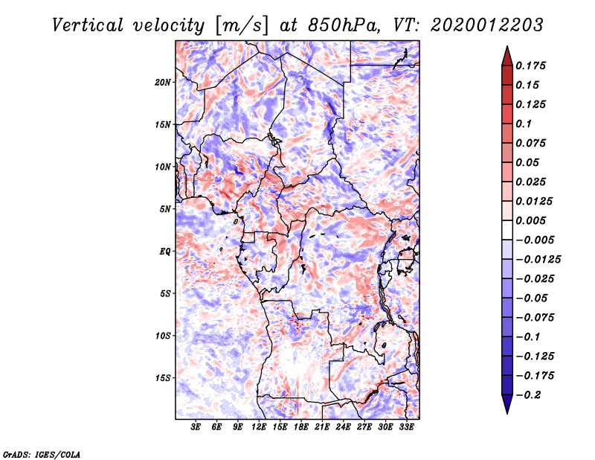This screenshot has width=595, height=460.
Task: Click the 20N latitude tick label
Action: [163, 83]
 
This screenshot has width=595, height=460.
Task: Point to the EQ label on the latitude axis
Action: [165, 252]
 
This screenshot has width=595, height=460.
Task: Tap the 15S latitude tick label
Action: [163, 378]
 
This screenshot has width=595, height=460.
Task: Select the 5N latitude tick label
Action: [165, 209]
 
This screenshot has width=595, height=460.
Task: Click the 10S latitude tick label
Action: [163, 336]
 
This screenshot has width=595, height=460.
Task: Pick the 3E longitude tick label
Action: [196, 427]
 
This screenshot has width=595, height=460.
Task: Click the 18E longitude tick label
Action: [301, 427]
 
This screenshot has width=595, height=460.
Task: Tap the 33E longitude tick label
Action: [406, 427]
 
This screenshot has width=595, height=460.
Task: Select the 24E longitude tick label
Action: [343, 427]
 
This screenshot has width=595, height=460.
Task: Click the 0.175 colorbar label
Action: [530, 66]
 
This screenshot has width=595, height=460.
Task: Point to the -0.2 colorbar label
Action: [528, 395]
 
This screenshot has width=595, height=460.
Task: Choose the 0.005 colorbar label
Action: [530, 220]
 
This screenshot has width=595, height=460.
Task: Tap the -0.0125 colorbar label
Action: [538, 260]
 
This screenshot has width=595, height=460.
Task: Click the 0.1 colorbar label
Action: [524, 124]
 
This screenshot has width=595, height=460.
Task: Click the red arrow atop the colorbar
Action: [507, 56]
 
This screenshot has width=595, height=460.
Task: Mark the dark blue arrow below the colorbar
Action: [507, 403]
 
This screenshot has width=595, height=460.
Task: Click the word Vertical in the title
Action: [88, 25]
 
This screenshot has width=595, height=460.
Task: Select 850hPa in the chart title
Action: [344, 25]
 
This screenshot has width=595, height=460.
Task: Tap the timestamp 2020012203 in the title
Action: [487, 25]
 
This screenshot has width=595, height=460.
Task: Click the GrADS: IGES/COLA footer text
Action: [42, 454]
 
